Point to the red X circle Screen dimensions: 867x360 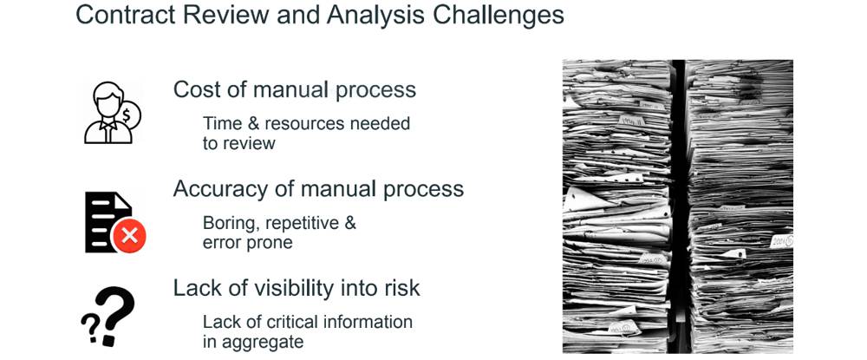tap(129, 237)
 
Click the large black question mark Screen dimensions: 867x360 tap(114, 315)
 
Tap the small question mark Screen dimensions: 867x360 tap(89, 327)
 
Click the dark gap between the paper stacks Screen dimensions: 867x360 tap(679, 206)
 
